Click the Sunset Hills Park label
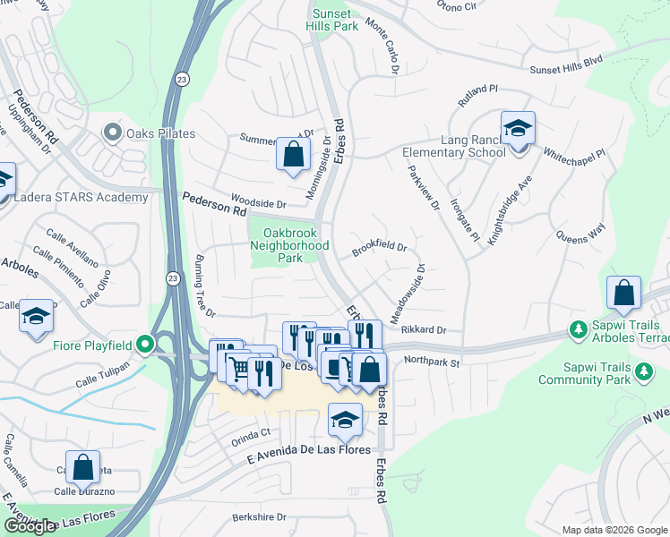tap(334, 20)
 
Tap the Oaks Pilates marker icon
tap(112, 134)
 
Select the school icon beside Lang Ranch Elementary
tap(518, 128)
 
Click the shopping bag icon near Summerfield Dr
tap(293, 153)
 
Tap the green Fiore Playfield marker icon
tap(143, 345)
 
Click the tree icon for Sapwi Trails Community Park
tap(642, 371)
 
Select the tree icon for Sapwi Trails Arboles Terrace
tap(578, 331)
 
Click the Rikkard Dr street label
tap(424, 330)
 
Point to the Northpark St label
tap(431, 362)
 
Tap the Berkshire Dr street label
tap(258, 516)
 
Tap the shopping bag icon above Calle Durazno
tap(82, 466)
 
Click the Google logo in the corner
tap(30, 526)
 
